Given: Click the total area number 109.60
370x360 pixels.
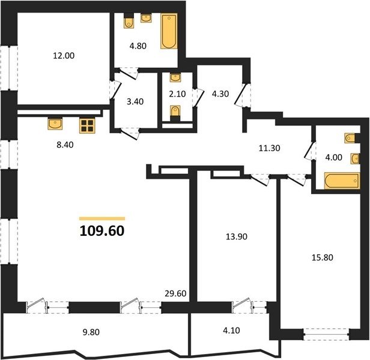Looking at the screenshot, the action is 102,231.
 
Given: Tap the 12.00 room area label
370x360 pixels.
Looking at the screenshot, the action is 64,56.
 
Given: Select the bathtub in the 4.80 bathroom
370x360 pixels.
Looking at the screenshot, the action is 169,31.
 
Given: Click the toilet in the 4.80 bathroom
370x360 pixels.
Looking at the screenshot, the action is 129,23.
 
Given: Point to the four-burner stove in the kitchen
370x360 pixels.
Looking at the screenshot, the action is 87,125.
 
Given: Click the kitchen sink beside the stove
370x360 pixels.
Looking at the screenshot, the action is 55,124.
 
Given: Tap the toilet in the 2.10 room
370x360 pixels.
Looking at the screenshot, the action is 175,111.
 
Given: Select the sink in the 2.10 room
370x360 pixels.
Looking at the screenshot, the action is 175,78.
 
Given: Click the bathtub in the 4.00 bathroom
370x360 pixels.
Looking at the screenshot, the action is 342,181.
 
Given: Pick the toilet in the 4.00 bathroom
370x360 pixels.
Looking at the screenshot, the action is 350,138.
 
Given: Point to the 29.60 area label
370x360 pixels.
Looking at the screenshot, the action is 175,293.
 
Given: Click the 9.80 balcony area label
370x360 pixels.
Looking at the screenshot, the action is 91,332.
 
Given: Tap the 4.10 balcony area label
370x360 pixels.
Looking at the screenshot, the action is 231,330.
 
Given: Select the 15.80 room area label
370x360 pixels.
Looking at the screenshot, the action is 323,257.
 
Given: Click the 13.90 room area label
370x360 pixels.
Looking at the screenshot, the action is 237,236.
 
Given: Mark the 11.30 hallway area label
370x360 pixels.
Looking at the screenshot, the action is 269,148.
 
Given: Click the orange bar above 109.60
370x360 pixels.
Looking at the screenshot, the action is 102,218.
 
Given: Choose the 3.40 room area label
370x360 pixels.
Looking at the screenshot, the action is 135,101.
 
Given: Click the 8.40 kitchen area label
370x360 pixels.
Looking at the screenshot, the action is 65,145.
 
